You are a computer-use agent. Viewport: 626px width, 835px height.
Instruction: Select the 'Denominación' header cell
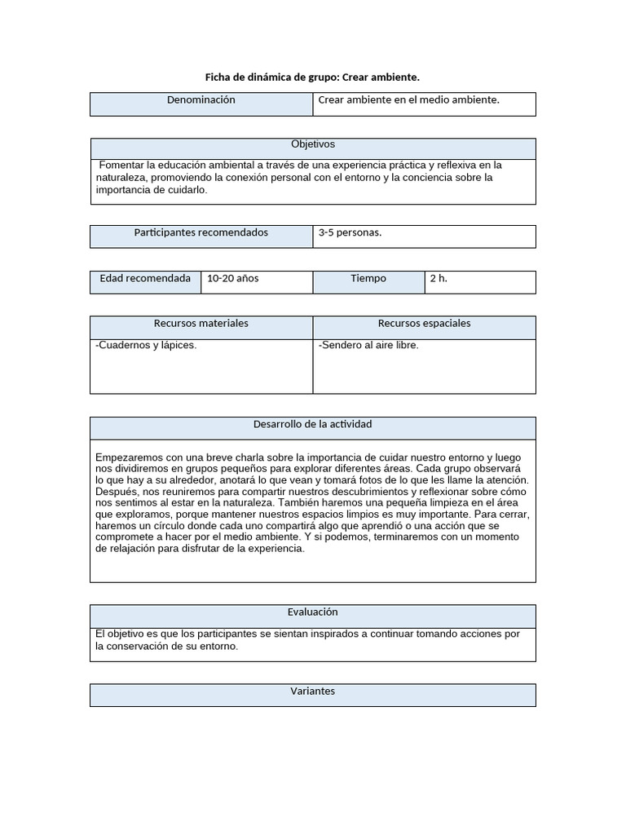(201, 100)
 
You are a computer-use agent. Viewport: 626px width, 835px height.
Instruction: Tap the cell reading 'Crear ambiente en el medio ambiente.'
(408, 100)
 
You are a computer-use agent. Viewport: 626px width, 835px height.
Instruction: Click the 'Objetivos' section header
(313, 144)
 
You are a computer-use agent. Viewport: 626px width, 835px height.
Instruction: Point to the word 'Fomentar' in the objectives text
(121, 165)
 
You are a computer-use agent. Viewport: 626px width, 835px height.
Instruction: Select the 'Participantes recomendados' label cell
(201, 232)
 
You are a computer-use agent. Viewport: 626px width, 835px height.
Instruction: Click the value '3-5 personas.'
(350, 232)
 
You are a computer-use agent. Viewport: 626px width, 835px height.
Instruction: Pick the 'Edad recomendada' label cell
(145, 278)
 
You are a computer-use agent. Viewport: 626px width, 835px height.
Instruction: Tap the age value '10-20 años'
(232, 278)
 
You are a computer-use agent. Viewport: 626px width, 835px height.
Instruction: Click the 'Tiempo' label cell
(368, 278)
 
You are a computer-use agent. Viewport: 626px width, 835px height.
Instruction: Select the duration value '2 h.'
(439, 278)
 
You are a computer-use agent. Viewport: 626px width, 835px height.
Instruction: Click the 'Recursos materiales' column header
(201, 324)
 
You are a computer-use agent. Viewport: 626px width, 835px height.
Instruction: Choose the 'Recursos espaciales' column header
(424, 324)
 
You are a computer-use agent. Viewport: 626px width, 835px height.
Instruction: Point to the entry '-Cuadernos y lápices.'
(146, 345)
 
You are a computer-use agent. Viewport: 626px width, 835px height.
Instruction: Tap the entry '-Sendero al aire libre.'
(368, 345)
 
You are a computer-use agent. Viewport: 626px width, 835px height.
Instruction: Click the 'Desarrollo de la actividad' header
(313, 425)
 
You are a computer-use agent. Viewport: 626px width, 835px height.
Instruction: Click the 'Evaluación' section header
(313, 612)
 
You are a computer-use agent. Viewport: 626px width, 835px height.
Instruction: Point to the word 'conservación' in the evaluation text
(144, 646)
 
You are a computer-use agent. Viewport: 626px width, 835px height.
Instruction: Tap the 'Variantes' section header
(313, 691)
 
